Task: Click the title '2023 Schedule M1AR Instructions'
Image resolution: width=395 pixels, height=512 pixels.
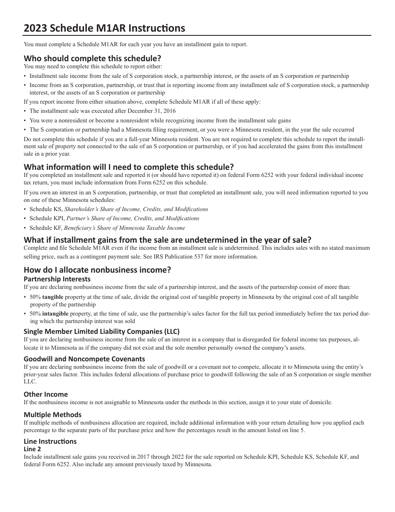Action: pos(104,28)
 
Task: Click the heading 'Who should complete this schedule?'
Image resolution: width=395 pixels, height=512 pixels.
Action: pos(92,58)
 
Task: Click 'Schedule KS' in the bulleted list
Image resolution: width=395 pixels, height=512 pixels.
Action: pos(46,209)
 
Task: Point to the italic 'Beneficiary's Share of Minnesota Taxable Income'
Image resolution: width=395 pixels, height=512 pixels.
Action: pos(124,228)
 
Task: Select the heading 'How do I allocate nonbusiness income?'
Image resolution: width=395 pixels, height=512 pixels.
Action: pos(97,270)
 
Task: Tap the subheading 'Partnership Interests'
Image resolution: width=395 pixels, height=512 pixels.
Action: pos(57,279)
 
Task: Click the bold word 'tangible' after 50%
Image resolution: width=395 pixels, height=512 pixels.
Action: pos(53,297)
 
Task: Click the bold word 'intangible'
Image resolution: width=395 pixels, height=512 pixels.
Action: pos(55,314)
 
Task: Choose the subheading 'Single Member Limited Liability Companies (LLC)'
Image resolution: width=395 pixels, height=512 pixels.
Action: pos(101,331)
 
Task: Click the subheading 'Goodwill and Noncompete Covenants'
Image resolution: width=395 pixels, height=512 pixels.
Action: pos(84,359)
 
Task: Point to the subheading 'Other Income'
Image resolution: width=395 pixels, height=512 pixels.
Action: pos(46,394)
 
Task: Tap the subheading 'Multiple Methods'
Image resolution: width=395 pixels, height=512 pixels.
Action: pos(52,415)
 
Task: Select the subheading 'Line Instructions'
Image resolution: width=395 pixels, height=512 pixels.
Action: pos(50,441)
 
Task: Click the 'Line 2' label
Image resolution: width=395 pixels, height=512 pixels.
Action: pos(32,449)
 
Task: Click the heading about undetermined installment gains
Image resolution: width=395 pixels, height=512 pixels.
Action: pos(167,240)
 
